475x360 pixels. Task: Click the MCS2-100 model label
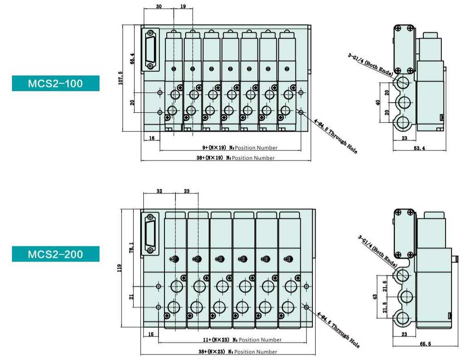(55, 83)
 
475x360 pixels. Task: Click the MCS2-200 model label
(55, 254)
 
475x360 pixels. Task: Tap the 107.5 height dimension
(121, 78)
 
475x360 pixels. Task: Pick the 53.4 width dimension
(419, 148)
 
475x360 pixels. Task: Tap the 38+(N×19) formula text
(212, 158)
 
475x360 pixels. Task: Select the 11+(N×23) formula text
(215, 340)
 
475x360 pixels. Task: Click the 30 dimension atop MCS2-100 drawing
(158, 6)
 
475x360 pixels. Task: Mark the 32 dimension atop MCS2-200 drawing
(159, 191)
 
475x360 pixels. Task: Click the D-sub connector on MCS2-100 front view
(150, 51)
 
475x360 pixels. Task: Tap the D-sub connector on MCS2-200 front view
(150, 234)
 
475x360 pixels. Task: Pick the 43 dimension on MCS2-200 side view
(375, 298)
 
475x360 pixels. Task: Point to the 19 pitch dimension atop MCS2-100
(183, 6)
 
